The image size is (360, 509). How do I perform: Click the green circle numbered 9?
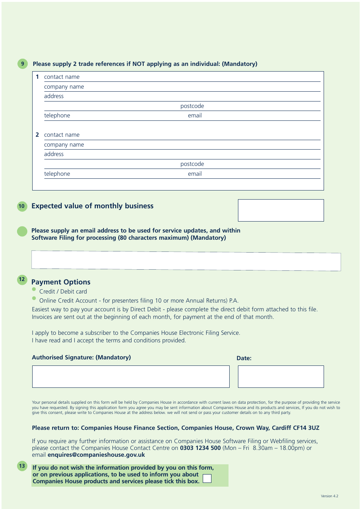click(x=22, y=64)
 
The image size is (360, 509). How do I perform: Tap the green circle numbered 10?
click(x=22, y=206)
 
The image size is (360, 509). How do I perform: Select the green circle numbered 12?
click(x=22, y=279)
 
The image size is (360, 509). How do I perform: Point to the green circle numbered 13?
click(x=22, y=466)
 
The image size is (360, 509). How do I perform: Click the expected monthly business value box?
click(x=280, y=210)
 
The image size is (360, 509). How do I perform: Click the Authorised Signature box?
click(x=131, y=376)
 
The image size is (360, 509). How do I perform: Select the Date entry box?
click(x=280, y=376)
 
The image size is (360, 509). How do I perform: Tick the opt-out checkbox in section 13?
click(x=207, y=479)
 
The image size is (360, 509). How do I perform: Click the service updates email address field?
click(x=186, y=261)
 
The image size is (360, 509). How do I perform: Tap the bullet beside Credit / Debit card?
click(x=34, y=289)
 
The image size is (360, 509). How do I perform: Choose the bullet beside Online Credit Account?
click(x=34, y=298)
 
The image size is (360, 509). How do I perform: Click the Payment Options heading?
click(x=61, y=282)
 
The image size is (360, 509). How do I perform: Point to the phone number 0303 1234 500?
click(x=200, y=448)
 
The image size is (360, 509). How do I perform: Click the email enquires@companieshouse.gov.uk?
click(x=96, y=455)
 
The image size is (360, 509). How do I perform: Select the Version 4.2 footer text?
click(x=329, y=496)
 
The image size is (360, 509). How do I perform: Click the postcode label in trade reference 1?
click(x=192, y=106)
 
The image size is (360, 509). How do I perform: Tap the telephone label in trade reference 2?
click(x=57, y=174)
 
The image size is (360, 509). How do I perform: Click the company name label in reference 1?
click(x=64, y=87)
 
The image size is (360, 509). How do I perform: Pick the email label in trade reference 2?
click(x=195, y=174)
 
